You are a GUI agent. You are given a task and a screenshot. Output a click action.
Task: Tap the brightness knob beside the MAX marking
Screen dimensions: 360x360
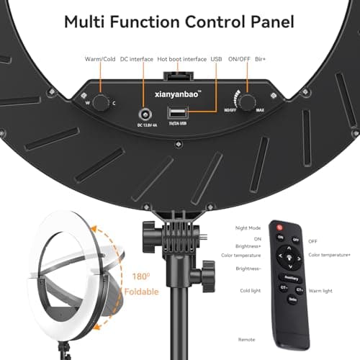click(x=248, y=102)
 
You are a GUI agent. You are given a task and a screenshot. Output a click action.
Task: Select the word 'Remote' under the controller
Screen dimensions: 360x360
click(x=248, y=338)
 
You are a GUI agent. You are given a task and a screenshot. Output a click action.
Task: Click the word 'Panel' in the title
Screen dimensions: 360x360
click(x=269, y=22)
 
